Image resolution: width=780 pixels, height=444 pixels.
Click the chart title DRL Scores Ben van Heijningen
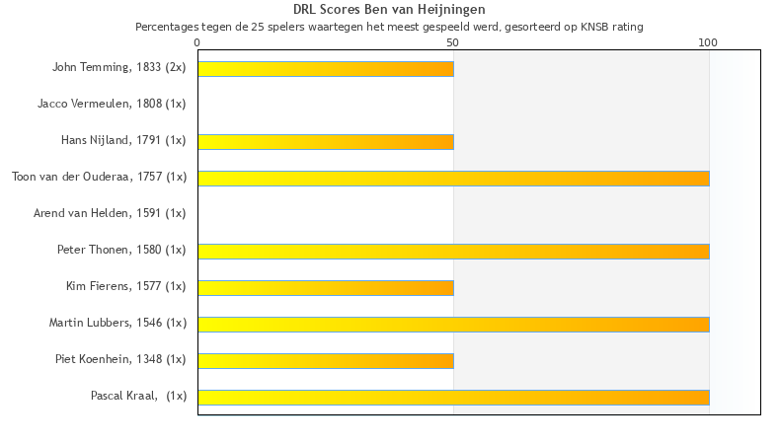[389, 9]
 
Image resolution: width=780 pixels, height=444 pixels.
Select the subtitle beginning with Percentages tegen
[389, 27]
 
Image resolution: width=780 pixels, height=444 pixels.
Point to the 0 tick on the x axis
[197, 43]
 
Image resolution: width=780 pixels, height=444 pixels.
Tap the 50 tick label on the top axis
[453, 43]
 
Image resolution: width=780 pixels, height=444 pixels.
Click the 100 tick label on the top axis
[708, 43]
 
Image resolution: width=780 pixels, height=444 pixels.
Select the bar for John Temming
[326, 69]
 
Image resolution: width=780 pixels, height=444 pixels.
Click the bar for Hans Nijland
[326, 142]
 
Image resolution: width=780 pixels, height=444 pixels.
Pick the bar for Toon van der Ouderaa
[453, 179]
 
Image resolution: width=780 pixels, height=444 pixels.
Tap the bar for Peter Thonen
[453, 252]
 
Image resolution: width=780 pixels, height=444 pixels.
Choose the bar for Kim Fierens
[326, 288]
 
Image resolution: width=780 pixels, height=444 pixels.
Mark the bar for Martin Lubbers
[453, 324]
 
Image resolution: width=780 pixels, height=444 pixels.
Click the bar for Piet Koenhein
[326, 360]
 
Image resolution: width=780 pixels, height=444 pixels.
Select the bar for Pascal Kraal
[453, 397]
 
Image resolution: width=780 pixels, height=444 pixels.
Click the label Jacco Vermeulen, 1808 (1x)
[112, 104]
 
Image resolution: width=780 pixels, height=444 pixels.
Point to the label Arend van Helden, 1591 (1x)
[110, 213]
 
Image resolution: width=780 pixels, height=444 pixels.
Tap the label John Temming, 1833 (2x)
[118, 68]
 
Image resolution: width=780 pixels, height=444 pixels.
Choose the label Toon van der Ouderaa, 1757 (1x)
[99, 178]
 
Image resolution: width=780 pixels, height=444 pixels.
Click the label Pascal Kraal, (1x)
[138, 396]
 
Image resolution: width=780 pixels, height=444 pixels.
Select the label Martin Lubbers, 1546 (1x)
[117, 323]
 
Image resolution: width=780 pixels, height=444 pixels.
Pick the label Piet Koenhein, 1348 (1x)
[120, 359]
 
